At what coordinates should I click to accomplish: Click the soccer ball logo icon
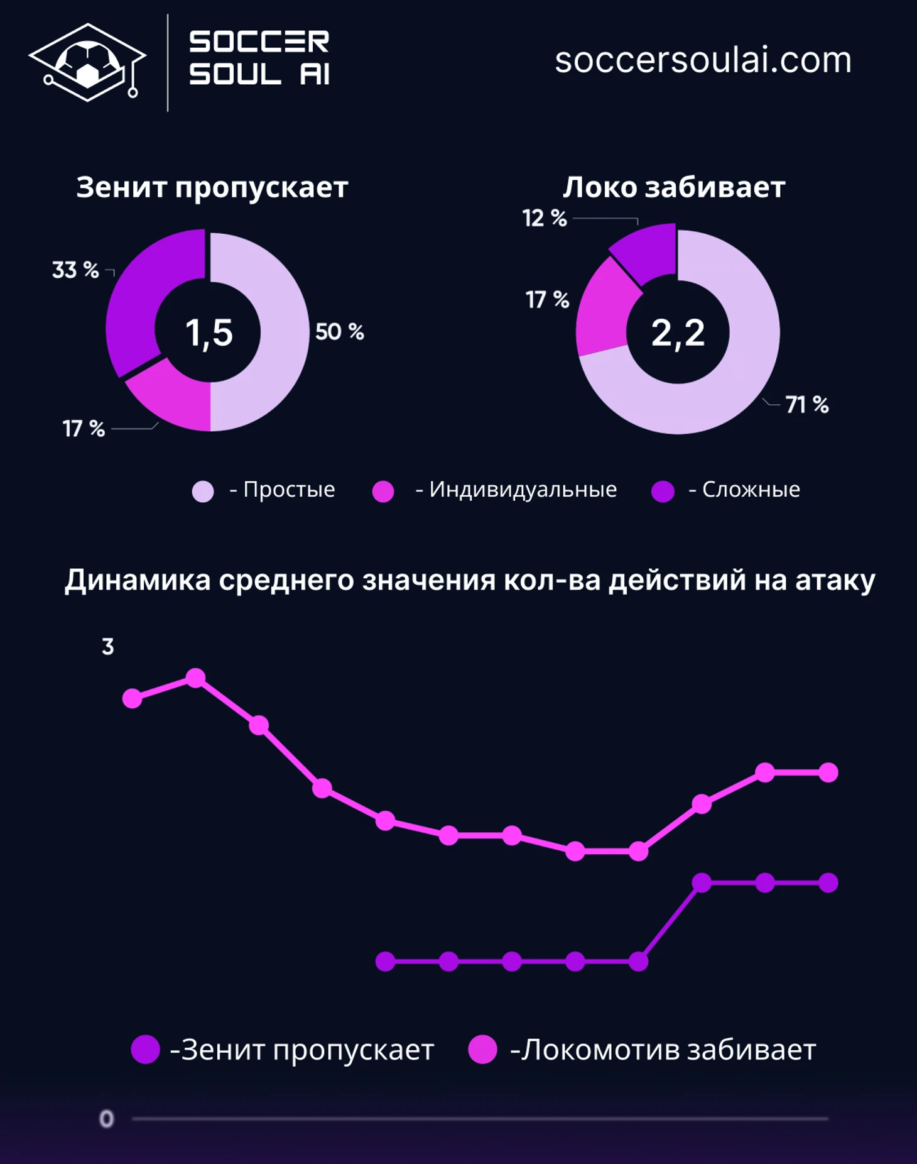[87, 62]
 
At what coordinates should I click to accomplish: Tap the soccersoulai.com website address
[703, 60]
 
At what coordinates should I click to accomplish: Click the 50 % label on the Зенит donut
[339, 332]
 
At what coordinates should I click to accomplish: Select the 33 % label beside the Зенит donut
[75, 270]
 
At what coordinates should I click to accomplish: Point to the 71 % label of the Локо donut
[806, 405]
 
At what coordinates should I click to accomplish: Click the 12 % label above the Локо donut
[545, 219]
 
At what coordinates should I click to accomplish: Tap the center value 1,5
[209, 332]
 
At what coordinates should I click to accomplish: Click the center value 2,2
[678, 332]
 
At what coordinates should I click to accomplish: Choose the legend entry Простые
[264, 490]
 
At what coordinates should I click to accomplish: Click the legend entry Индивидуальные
[495, 490]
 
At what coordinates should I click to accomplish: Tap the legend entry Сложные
[726, 490]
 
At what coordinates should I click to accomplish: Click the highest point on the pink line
[196, 678]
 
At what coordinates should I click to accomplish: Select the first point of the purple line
[385, 962]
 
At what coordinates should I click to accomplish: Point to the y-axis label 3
[108, 647]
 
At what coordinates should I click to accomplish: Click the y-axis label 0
[107, 1119]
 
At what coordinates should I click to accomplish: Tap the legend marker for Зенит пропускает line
[145, 1050]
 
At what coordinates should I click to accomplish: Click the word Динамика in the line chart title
[138, 580]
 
